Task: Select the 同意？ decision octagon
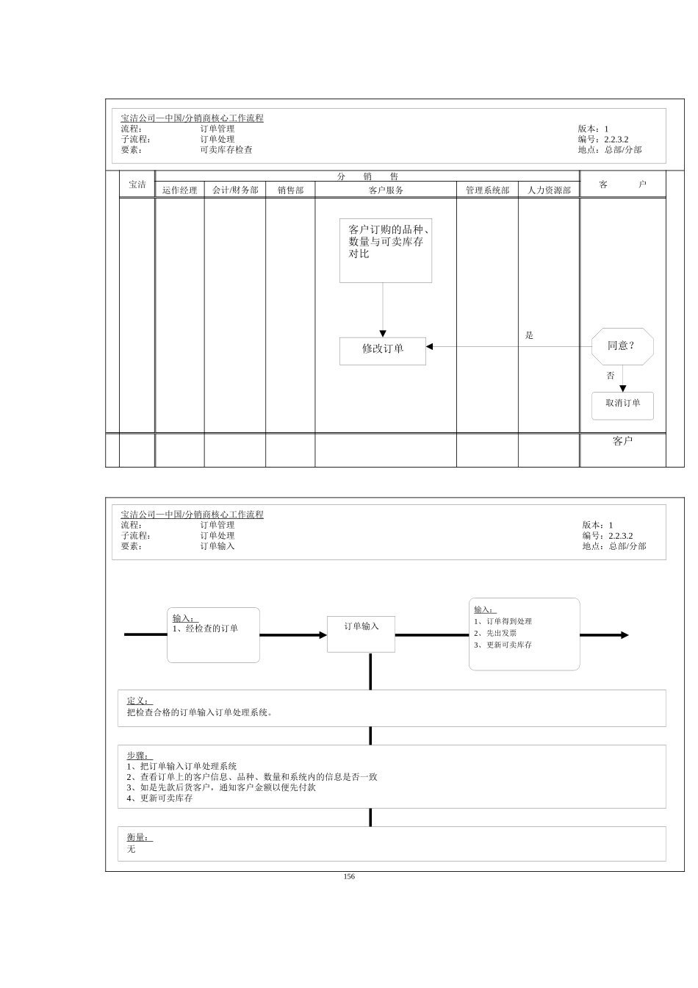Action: click(622, 346)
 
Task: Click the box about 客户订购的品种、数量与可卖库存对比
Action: click(385, 250)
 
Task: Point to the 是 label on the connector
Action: click(529, 336)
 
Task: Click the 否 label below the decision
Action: click(610, 376)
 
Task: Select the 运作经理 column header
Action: click(180, 190)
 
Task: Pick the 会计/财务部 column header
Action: click(235, 190)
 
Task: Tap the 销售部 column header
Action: click(290, 190)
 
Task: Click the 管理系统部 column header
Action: click(487, 190)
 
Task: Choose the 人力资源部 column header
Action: click(549, 190)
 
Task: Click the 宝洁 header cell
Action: click(137, 185)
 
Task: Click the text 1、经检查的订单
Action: click(206, 629)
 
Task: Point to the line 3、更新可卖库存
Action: click(503, 645)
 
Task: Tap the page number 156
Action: click(349, 876)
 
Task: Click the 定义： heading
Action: click(137, 701)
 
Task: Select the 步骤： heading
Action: click(137, 756)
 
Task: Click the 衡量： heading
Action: click(137, 837)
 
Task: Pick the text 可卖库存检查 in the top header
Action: click(226, 150)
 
